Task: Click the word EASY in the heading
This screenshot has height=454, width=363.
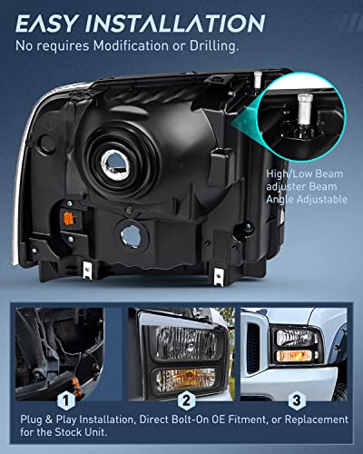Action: (x=51, y=23)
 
